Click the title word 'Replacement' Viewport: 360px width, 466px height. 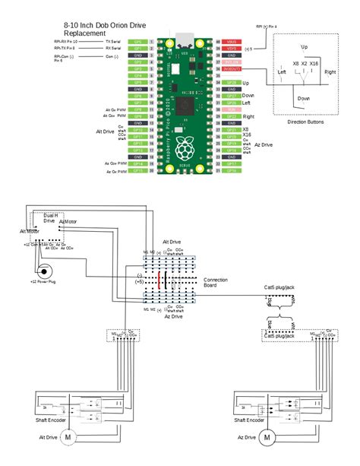click(84, 33)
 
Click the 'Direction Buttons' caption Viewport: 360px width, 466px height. click(305, 122)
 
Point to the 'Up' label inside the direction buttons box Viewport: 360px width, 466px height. click(304, 47)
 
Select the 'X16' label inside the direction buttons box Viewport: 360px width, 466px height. click(314, 64)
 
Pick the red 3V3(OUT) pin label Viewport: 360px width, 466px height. click(230, 69)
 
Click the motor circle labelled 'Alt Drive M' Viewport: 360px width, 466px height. click(67, 437)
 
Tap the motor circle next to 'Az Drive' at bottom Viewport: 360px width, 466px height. click(267, 437)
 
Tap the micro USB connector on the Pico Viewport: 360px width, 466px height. click(183, 38)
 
